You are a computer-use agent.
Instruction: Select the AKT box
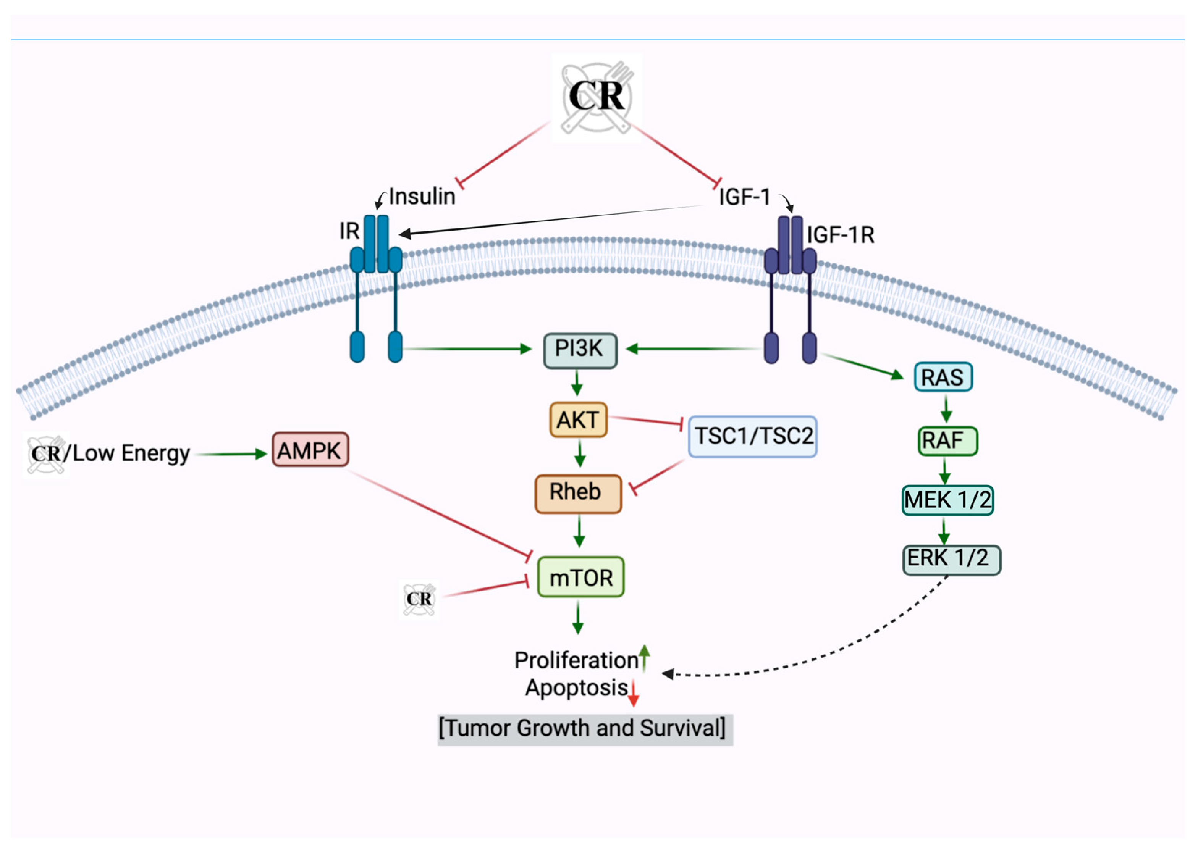click(578, 420)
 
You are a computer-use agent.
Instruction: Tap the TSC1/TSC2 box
click(752, 436)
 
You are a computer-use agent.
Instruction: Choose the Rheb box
click(578, 493)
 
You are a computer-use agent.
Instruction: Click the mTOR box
click(580, 577)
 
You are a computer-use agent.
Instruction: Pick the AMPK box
click(310, 450)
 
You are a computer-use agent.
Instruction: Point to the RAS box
click(943, 377)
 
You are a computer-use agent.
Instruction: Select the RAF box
click(947, 441)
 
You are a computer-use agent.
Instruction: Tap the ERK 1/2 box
click(951, 559)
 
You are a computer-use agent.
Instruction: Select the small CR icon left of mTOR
click(419, 599)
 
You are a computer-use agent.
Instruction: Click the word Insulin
click(422, 196)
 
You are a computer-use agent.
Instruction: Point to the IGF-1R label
click(841, 234)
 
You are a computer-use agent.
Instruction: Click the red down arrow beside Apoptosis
click(634, 692)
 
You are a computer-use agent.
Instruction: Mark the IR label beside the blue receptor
click(349, 231)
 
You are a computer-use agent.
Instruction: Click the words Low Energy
click(131, 453)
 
